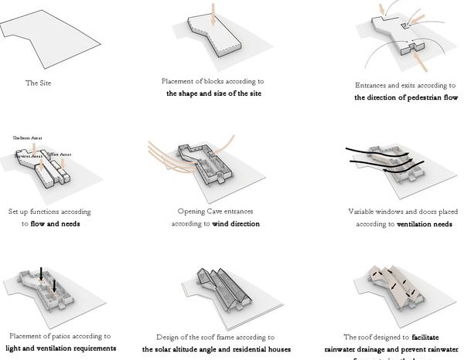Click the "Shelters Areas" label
[27, 138]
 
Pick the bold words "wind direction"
[234, 224]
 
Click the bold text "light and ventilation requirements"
[60, 348]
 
